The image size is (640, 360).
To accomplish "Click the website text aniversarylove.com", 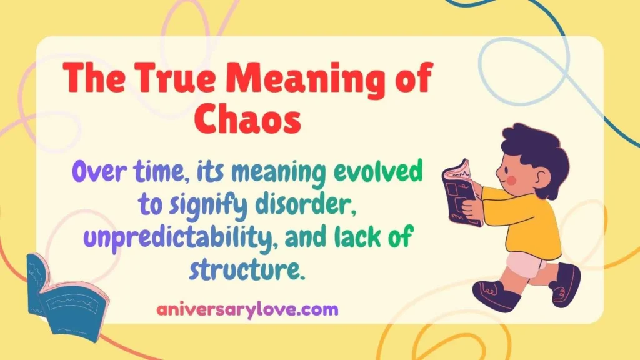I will [x=247, y=309].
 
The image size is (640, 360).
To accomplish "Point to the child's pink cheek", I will [x=511, y=181].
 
